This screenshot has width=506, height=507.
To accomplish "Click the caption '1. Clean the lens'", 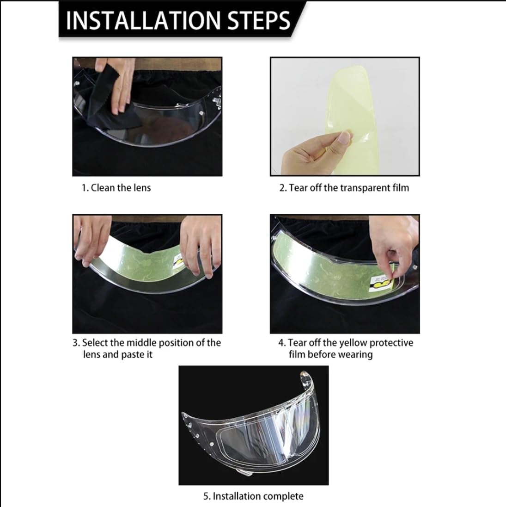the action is [116, 188].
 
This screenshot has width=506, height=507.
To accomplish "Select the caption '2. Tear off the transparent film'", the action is [344, 188].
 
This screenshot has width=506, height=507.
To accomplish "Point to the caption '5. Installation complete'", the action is [254, 496].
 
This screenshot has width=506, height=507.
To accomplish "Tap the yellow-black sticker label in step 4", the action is [381, 283].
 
